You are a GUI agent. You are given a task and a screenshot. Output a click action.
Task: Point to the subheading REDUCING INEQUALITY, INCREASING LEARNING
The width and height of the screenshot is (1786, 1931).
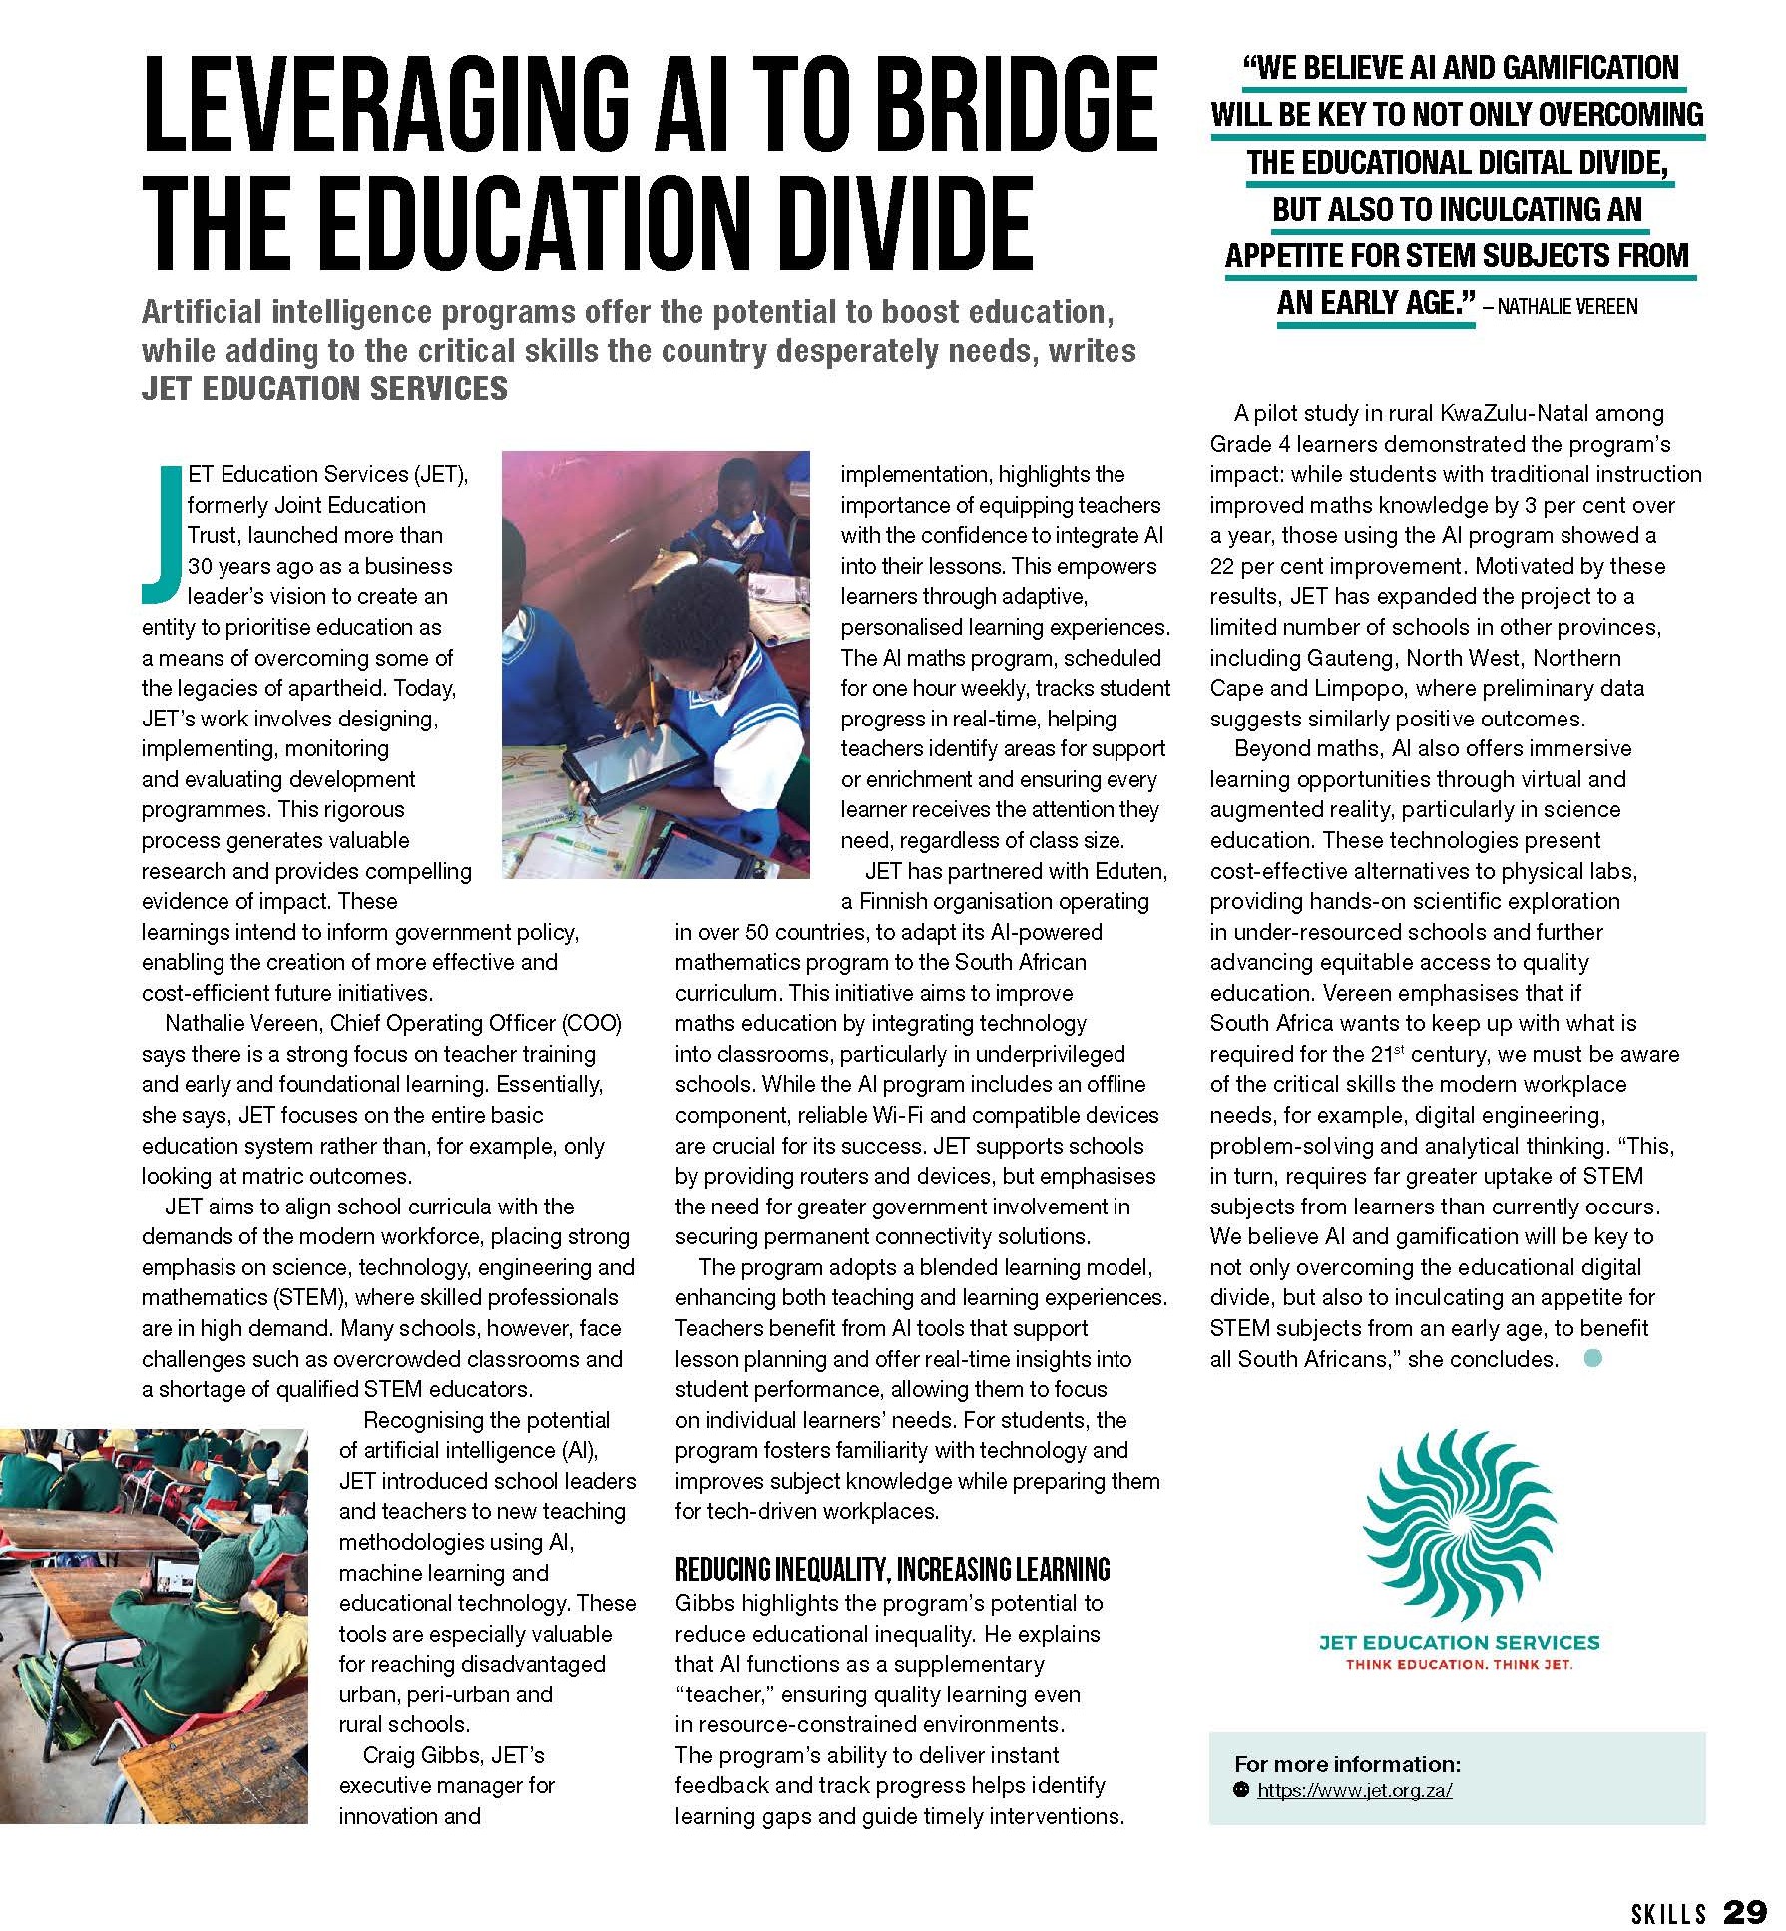[892, 1570]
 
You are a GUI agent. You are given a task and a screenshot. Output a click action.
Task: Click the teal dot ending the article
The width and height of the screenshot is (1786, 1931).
[1593, 1358]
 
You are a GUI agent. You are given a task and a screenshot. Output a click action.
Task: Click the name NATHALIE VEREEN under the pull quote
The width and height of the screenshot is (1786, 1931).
[1566, 306]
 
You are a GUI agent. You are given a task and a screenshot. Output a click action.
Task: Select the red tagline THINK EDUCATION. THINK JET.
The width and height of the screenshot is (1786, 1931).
[1459, 1664]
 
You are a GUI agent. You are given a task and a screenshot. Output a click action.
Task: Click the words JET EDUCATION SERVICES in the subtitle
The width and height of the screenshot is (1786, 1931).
[324, 388]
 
